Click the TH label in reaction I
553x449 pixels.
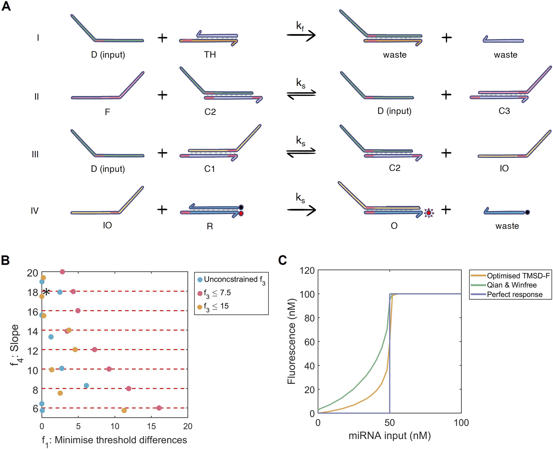[x=210, y=55]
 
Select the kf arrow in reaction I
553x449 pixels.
[x=301, y=35]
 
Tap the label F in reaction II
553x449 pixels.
[x=107, y=112]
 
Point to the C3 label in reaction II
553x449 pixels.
[x=504, y=111]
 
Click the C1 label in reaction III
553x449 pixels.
[x=209, y=169]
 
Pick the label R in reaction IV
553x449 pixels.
[x=210, y=226]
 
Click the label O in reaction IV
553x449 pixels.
[x=394, y=226]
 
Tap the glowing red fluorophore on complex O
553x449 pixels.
[x=429, y=212]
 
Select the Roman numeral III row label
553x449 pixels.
[x=35, y=154]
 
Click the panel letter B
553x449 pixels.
[x=5, y=260]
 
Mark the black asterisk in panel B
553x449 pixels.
[x=46, y=292]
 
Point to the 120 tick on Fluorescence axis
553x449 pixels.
[x=307, y=270]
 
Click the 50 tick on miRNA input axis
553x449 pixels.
[x=389, y=423]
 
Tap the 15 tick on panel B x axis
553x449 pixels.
[x=151, y=426]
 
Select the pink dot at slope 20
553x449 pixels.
[x=62, y=272]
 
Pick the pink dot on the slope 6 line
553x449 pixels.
[x=159, y=408]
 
